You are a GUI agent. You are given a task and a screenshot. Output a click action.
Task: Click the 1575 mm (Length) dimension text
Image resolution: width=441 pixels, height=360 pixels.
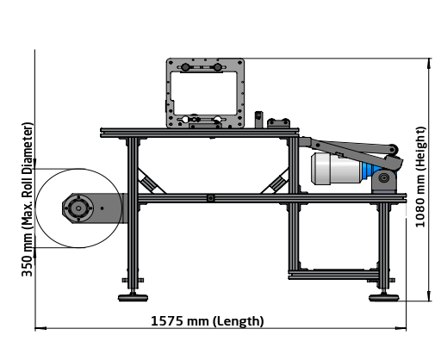click(207, 321)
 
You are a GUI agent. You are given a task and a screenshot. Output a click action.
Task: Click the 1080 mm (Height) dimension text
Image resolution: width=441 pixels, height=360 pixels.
click(419, 177)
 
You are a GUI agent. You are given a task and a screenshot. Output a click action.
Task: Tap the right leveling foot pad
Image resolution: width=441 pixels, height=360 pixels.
click(383, 298)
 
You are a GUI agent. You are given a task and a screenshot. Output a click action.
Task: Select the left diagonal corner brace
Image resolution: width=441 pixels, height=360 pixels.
click(150, 183)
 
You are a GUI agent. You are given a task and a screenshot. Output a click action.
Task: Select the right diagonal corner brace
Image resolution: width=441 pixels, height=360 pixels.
click(278, 183)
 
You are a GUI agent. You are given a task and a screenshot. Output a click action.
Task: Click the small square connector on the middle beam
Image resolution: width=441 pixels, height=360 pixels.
click(211, 198)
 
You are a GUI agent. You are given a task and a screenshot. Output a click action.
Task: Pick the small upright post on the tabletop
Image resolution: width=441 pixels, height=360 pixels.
click(258, 119)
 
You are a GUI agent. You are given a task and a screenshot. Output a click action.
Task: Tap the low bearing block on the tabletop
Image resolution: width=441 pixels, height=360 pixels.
click(282, 124)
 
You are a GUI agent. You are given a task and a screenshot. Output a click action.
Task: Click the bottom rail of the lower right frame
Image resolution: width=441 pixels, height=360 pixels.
click(336, 275)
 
